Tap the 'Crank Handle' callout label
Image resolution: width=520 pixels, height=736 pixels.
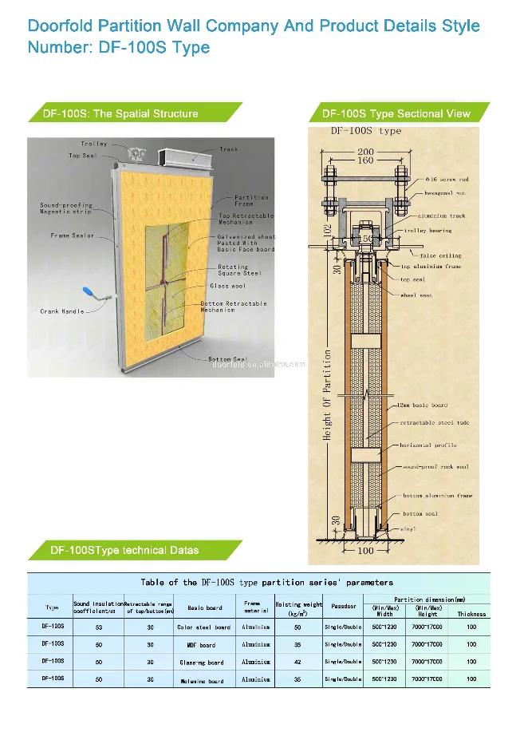(x=62, y=311)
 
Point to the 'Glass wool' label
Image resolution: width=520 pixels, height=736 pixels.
(x=228, y=286)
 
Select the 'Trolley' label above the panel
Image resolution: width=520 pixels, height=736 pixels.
(x=94, y=144)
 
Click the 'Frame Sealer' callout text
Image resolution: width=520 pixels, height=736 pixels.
(x=73, y=235)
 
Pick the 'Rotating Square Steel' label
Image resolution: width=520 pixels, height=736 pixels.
(x=238, y=270)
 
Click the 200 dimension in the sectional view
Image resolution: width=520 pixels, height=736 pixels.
(x=365, y=152)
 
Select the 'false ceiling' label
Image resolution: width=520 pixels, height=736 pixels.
(x=443, y=255)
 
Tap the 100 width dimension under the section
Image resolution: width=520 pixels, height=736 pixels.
(x=364, y=551)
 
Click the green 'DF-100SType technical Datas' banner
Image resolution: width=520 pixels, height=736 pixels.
(x=128, y=550)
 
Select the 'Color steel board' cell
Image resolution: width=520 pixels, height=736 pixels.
(x=204, y=627)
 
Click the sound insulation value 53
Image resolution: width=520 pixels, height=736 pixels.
(x=98, y=627)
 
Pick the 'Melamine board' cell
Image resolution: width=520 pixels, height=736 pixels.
(x=204, y=681)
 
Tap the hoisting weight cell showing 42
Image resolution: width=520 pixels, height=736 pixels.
(x=297, y=662)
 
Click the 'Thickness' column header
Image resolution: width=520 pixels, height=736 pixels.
(x=471, y=614)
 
